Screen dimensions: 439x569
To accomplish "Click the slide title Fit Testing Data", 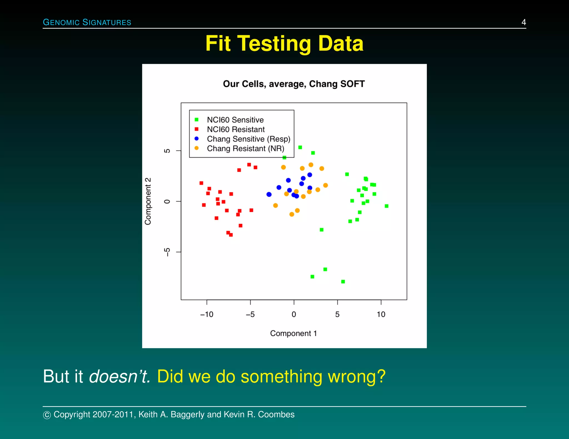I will click(284, 44).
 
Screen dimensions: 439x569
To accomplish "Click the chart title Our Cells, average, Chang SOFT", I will click(294, 84).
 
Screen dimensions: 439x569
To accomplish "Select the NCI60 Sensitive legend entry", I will click(235, 120).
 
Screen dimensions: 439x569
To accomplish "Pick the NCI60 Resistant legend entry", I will click(236, 129).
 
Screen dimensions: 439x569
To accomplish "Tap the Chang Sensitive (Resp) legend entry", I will click(248, 139).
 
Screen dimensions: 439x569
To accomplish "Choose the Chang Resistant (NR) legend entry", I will click(245, 148).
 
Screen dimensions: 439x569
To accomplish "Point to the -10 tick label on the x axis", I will click(207, 314).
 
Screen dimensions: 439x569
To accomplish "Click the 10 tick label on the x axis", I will click(381, 314).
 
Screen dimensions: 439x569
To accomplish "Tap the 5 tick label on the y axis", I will click(167, 151).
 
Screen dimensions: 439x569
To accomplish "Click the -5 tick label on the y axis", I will click(167, 252).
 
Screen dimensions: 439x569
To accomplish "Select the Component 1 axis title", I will click(293, 333).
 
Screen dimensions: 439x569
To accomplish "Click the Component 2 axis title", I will click(148, 201).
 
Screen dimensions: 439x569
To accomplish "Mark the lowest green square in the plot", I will click(343, 282).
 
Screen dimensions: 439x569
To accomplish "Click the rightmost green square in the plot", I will click(386, 206).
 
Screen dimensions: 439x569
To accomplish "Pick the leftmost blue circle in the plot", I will click(269, 195).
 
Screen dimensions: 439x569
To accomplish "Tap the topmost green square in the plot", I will click(300, 147).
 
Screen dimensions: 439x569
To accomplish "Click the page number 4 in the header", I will click(523, 22).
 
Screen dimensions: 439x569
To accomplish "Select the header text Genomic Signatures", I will click(87, 22).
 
